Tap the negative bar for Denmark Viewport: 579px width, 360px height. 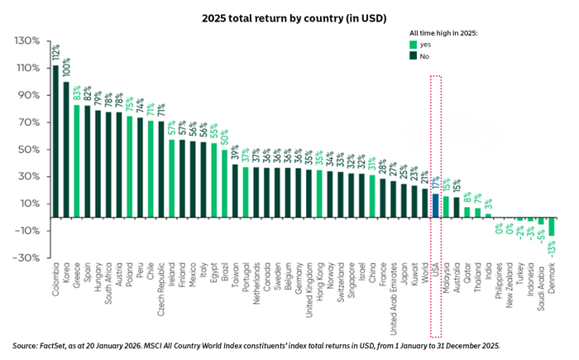click(552, 227)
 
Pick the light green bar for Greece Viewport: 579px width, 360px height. click(77, 161)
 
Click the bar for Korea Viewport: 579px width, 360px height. click(66, 150)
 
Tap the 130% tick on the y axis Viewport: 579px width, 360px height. click(28, 41)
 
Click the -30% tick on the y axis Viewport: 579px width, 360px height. click(28, 257)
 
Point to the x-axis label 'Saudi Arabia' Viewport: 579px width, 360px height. click(541, 286)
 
